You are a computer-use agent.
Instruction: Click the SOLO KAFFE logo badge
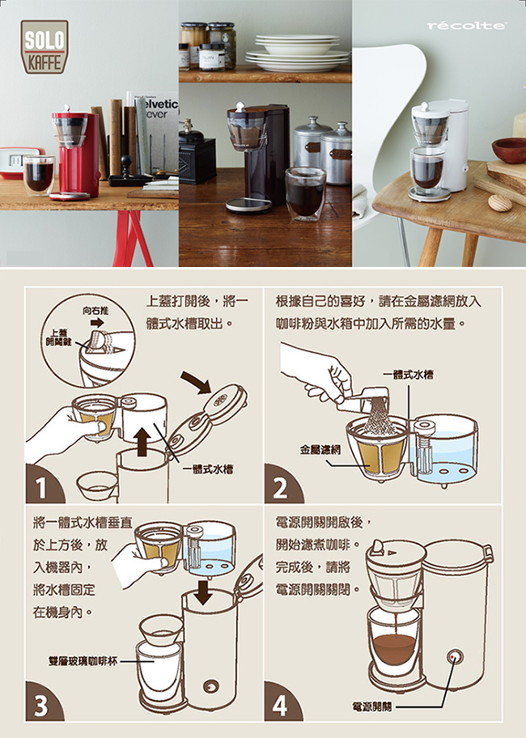[45, 46]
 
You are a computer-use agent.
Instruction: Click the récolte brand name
[467, 25]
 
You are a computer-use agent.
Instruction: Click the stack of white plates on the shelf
[297, 53]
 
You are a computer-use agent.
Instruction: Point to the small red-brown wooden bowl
[510, 150]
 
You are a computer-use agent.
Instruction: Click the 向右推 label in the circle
[95, 311]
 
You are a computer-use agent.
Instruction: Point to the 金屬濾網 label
[320, 450]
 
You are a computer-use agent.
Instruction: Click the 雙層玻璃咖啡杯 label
[83, 661]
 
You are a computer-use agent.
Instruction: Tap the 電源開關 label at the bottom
[371, 706]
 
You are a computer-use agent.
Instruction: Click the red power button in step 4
[452, 656]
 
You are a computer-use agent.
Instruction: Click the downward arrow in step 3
[203, 592]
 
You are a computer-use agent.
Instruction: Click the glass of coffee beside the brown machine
[305, 193]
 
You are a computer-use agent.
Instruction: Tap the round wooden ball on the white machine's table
[500, 203]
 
